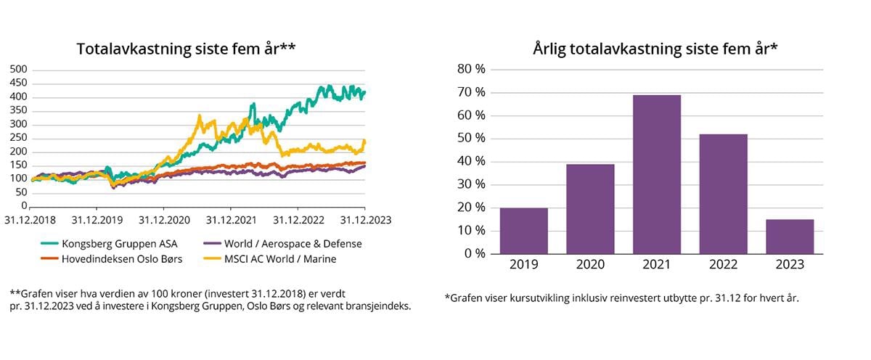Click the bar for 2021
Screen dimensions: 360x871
[x=656, y=174]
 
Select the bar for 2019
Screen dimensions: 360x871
[x=523, y=231]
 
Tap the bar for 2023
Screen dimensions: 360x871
[x=789, y=237]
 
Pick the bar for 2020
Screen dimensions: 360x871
[x=590, y=209]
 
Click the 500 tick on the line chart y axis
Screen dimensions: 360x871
[x=18, y=69]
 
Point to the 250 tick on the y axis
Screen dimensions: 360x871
[x=18, y=138]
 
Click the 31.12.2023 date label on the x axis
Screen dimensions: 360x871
[x=364, y=218]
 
